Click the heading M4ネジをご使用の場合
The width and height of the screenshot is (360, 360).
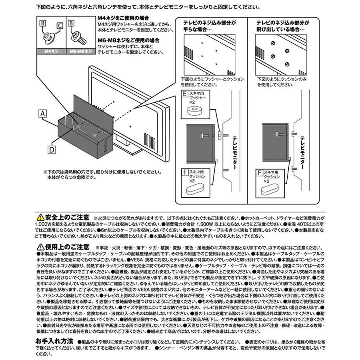tap(118, 18)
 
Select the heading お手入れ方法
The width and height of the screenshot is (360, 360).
tap(54, 341)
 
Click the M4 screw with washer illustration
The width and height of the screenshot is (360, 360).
tap(50, 38)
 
